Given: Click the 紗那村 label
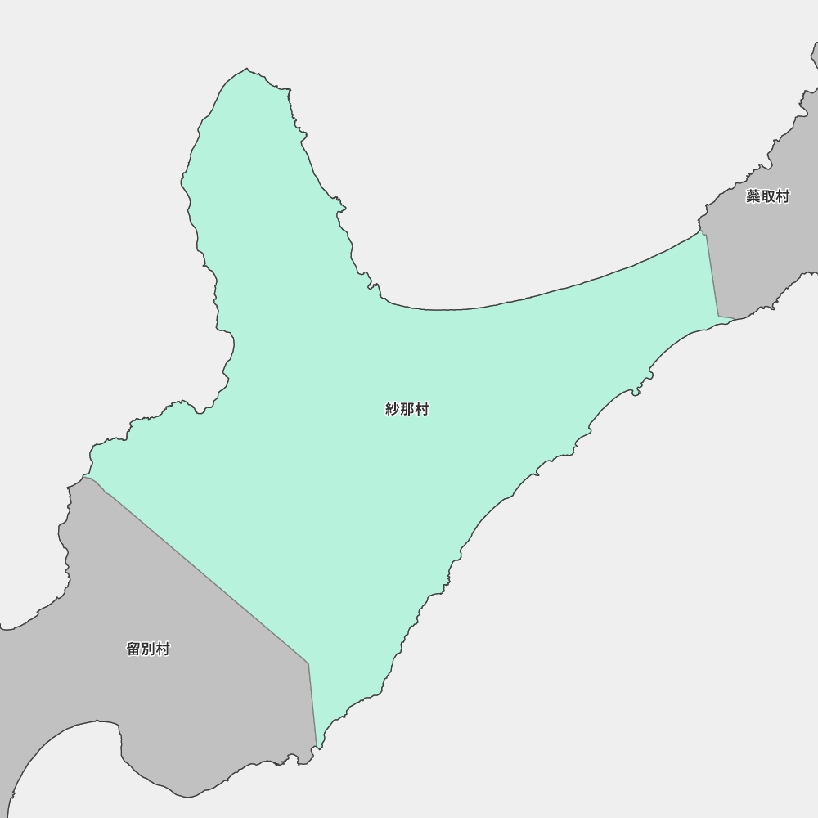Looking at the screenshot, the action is click(x=407, y=410).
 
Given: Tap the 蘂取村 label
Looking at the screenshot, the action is click(x=767, y=197).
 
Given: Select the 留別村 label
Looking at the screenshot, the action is click(x=148, y=649).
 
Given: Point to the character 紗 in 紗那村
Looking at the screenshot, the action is click(x=393, y=410).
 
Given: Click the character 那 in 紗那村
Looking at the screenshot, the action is click(x=407, y=410).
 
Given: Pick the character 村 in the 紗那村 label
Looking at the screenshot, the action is click(x=421, y=410).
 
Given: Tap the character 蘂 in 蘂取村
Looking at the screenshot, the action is click(x=753, y=197).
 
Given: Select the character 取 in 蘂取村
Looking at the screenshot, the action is click(x=767, y=197).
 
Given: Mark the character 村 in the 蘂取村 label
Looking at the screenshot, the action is click(x=782, y=197).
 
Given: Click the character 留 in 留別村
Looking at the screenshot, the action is click(x=134, y=649).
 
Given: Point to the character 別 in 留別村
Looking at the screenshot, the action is click(x=148, y=649).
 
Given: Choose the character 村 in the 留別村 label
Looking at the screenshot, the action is click(x=163, y=649).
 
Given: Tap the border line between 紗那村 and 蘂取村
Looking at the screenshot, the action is click(x=712, y=275).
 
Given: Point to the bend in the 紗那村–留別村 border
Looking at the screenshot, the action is click(x=308, y=663).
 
